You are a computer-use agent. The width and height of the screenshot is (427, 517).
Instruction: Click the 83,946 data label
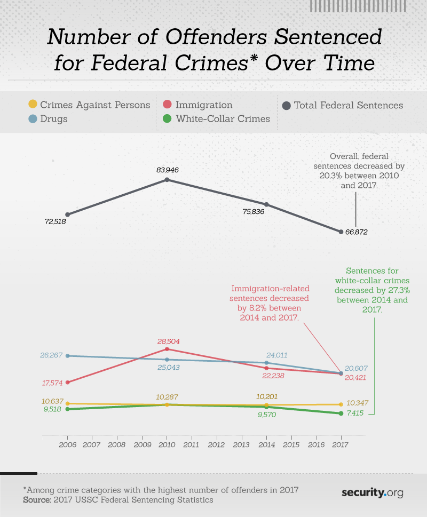[x=167, y=170]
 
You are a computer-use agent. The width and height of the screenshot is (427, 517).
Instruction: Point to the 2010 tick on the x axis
[x=167, y=444]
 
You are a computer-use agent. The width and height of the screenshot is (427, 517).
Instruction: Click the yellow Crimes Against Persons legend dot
[x=33, y=105]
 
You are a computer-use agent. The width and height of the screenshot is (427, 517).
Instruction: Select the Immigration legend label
[x=204, y=105]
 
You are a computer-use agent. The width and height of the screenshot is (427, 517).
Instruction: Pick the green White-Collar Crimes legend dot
[x=167, y=118]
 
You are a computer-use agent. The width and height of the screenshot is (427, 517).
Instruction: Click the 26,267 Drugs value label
[x=52, y=355]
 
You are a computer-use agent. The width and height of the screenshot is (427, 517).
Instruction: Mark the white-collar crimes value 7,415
[x=357, y=413]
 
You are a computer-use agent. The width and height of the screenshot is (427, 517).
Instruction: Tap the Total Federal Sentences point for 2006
[x=67, y=214]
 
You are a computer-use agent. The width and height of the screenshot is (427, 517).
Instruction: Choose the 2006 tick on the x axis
[x=67, y=444]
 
